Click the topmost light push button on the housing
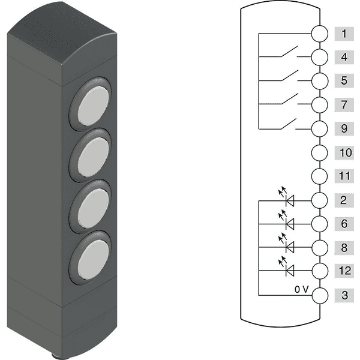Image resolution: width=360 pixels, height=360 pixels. tap(93, 106)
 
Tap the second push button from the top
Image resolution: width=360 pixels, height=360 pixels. tap(93, 157)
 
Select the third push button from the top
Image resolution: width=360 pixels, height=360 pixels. tap(93, 209)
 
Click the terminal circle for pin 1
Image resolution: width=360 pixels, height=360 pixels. tap(320, 34)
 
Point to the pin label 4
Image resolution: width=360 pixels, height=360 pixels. tap(344, 57)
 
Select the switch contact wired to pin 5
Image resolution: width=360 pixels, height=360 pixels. tap(290, 76)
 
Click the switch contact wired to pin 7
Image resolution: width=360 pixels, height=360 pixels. tap(290, 99)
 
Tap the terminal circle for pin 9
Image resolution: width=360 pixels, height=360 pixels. tap(320, 129)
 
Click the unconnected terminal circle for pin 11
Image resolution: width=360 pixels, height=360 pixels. tap(320, 176)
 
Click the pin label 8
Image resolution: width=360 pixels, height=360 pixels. tap(344, 248)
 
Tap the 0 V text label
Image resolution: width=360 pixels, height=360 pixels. tap(302, 290)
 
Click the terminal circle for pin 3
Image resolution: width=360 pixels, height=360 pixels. tap(320, 295)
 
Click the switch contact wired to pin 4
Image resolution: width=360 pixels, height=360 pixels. tap(289, 52)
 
